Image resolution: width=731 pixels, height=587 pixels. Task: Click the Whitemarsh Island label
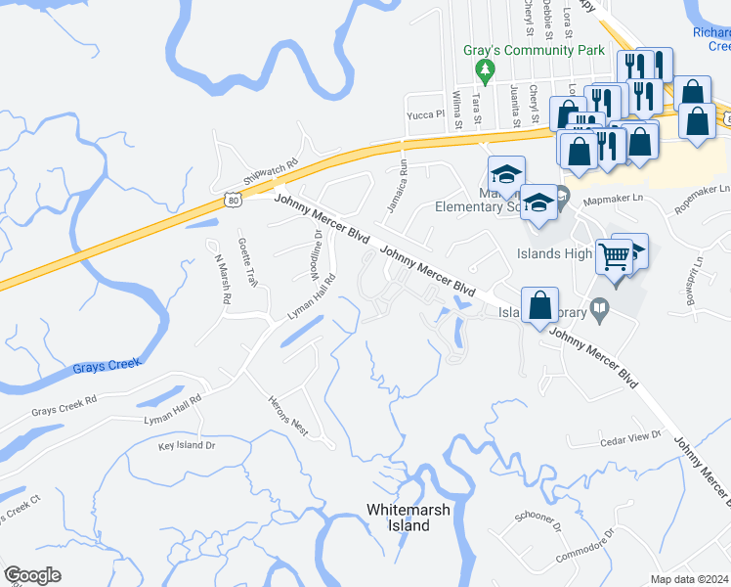pyautogui.click(x=398, y=518)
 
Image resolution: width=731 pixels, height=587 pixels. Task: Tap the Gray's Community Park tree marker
pyautogui.click(x=483, y=70)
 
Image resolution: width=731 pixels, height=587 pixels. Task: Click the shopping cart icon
pyautogui.click(x=614, y=257)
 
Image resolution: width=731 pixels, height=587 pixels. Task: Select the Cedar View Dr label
pyautogui.click(x=630, y=439)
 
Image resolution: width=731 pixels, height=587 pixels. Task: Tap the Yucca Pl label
pyautogui.click(x=426, y=113)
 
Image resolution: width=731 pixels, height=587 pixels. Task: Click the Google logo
pyautogui.click(x=32, y=575)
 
